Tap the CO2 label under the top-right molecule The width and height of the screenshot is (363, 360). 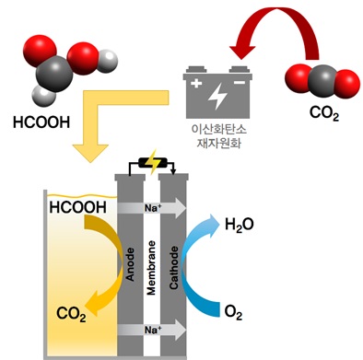pos(324,113)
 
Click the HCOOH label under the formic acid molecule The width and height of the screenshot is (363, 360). pos(41,122)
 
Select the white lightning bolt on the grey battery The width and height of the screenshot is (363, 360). pos(217,95)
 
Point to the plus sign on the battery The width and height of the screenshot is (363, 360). pos(196,84)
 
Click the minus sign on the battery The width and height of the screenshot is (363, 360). pos(240,83)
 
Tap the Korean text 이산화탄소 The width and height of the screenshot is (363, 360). pos(218,129)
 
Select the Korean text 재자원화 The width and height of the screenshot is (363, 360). pos(218,143)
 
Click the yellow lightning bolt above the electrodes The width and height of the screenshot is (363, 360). pos(151,162)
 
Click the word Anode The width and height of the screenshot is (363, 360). pos(131,264)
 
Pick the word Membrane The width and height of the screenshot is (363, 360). pos(151,268)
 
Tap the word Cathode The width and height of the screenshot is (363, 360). pos(173,267)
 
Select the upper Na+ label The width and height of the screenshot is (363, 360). pos(153,208)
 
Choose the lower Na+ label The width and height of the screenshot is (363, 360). pos(153,330)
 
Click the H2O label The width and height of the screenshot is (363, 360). pos(240,225)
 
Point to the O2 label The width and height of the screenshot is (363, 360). pos(233,313)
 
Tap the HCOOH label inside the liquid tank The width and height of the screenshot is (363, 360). pos(78,207)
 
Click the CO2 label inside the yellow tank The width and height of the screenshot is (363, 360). pos(71,314)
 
